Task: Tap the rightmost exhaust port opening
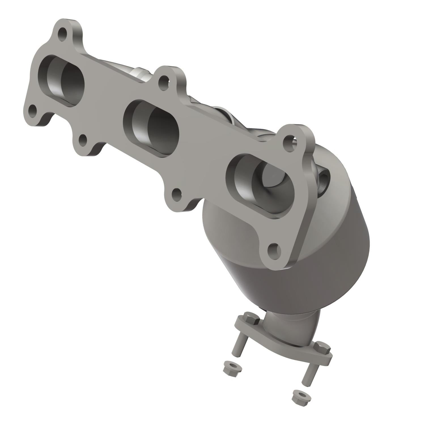click(x=262, y=181)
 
